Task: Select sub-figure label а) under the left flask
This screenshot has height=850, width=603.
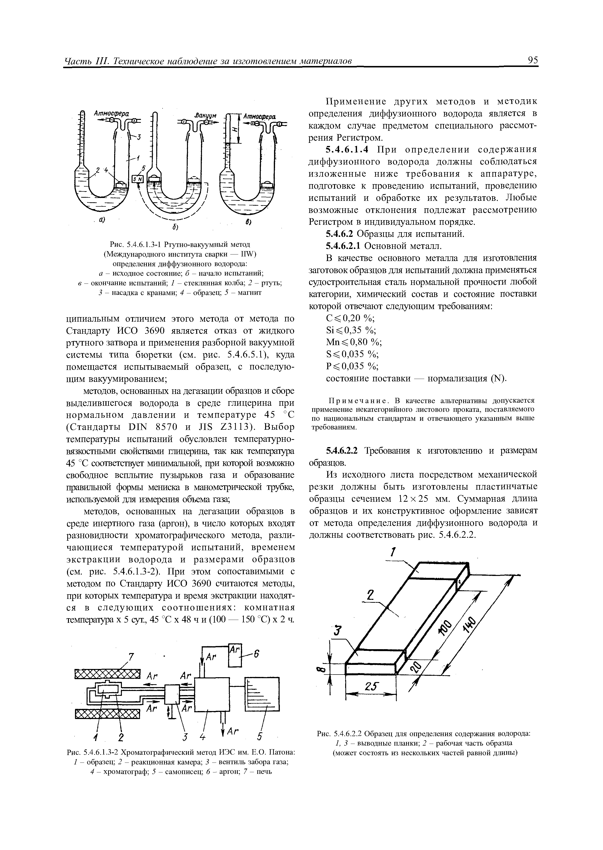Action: [x=101, y=220]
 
